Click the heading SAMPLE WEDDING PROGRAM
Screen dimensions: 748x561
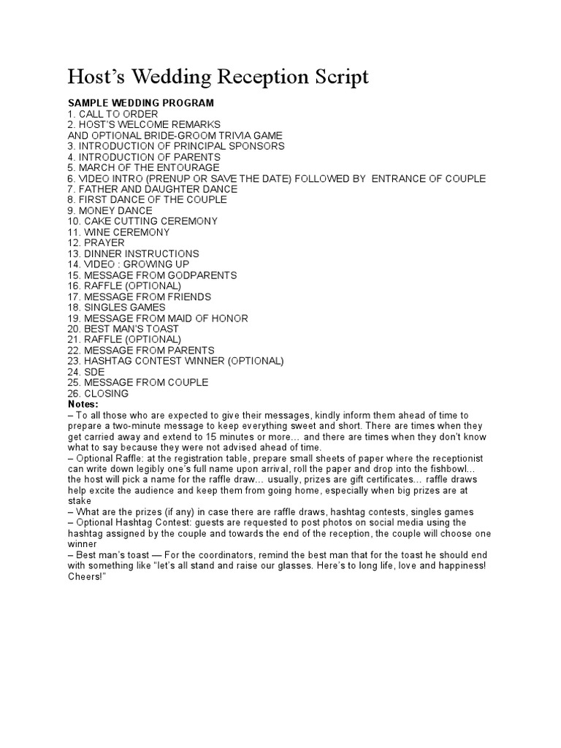pos(141,103)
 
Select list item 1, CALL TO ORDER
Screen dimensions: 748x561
pos(112,114)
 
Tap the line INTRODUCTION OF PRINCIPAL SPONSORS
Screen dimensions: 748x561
pos(176,146)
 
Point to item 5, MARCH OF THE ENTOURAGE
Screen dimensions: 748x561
pos(144,167)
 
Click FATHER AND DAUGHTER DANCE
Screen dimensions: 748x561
pos(152,188)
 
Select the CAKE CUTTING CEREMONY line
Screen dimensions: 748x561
pos(142,221)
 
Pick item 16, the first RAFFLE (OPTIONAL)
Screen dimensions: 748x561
pos(125,286)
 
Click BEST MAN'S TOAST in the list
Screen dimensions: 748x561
pos(123,329)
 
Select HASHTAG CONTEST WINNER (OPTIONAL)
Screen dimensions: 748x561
pos(175,361)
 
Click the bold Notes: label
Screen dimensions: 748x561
pos(83,404)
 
